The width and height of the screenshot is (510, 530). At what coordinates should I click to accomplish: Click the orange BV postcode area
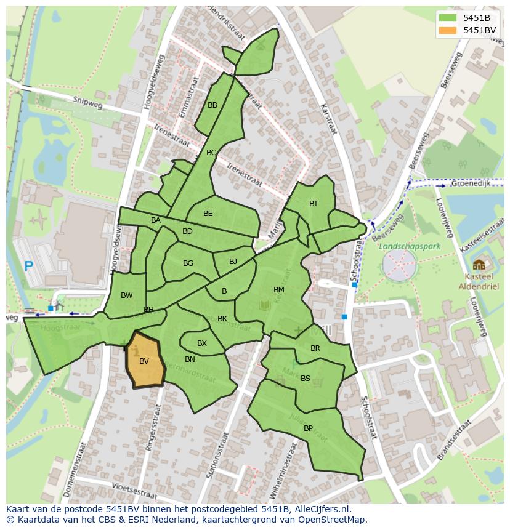[x=145, y=362]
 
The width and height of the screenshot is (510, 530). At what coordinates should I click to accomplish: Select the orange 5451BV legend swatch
[x=449, y=30]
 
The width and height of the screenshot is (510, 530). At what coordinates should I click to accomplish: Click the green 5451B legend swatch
[x=449, y=18]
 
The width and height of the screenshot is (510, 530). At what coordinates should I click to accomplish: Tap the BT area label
[x=314, y=204]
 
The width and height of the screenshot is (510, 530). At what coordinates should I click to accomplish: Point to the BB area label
[x=212, y=105]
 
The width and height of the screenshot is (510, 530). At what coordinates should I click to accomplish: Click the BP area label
[x=308, y=428]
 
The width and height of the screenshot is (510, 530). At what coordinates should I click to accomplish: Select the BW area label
[x=126, y=295]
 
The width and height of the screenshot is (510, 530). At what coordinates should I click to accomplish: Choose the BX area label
[x=202, y=343]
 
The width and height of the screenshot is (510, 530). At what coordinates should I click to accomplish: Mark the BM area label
[x=279, y=290]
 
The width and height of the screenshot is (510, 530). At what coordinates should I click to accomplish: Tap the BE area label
[x=208, y=214]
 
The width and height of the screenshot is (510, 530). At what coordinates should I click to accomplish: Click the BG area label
[x=188, y=263]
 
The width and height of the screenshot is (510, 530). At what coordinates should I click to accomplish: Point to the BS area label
[x=306, y=379]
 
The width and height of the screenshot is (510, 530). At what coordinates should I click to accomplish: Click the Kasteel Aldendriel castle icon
[x=479, y=265]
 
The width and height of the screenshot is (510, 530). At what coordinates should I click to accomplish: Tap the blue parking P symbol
[x=28, y=267]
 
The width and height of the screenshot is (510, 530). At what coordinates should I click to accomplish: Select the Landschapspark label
[x=402, y=246]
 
